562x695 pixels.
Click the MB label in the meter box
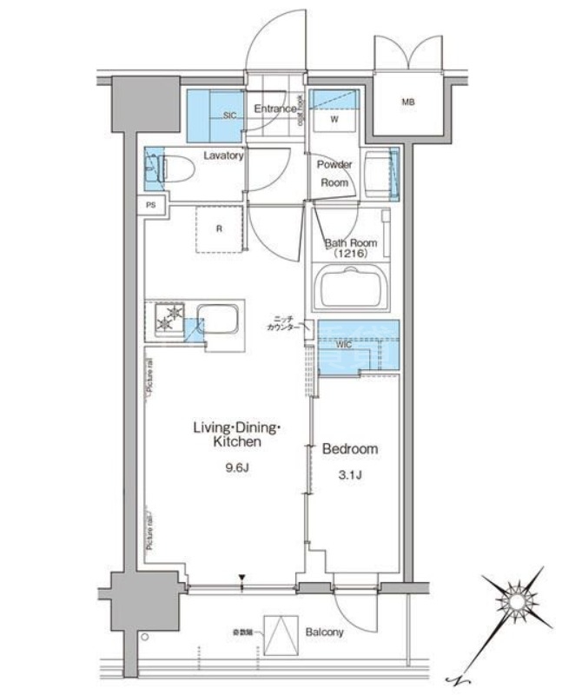(x=407, y=103)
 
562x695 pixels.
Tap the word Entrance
(x=274, y=109)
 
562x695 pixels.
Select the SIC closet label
(x=230, y=115)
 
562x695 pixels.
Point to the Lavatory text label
(x=223, y=156)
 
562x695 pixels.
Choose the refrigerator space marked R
(x=219, y=229)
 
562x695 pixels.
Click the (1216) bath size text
(x=350, y=255)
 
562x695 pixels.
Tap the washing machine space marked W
(x=333, y=121)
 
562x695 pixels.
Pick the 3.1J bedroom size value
(x=350, y=475)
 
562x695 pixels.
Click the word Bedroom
(x=350, y=449)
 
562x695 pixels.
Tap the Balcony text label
(x=323, y=632)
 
